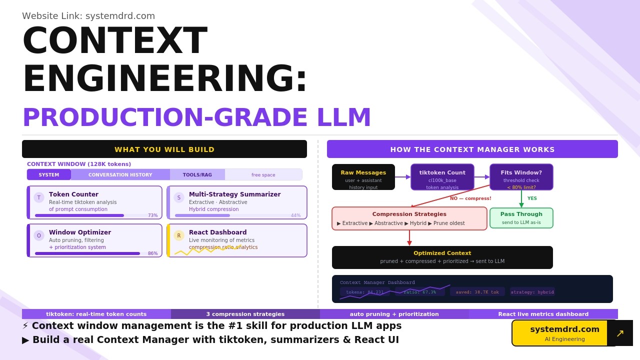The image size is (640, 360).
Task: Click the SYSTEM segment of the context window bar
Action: (49, 175)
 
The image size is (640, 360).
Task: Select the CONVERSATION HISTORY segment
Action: (120, 175)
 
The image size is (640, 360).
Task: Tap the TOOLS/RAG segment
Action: (197, 175)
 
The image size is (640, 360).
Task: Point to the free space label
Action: (263, 175)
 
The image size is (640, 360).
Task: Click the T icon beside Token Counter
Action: (39, 197)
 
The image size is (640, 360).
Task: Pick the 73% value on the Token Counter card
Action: (152, 215)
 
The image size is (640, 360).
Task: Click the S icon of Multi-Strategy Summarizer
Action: (179, 197)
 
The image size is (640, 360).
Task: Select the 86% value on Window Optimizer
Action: (152, 253)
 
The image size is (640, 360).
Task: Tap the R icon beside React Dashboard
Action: (179, 235)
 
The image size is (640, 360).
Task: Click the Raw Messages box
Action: (363, 177)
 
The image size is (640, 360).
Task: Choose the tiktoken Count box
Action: (442, 177)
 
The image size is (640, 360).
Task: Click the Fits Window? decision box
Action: (521, 177)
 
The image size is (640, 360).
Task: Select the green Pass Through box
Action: (521, 218)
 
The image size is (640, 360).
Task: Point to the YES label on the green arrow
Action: (532, 198)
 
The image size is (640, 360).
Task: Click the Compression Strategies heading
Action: (409, 214)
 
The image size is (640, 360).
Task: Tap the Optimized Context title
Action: (442, 253)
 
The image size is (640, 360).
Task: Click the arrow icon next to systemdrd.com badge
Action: (620, 333)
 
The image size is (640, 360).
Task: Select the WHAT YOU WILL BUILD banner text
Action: (164, 149)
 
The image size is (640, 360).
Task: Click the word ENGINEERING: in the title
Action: (165, 78)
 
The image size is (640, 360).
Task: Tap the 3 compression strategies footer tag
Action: (245, 314)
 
